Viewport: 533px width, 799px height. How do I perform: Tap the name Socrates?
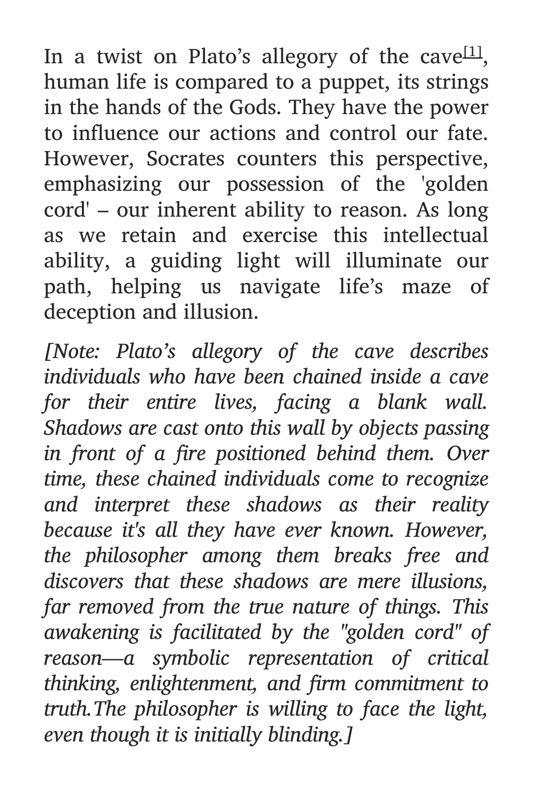[x=185, y=159]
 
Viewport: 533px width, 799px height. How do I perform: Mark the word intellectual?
[x=435, y=236]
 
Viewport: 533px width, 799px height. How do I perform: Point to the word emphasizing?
[x=103, y=185]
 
